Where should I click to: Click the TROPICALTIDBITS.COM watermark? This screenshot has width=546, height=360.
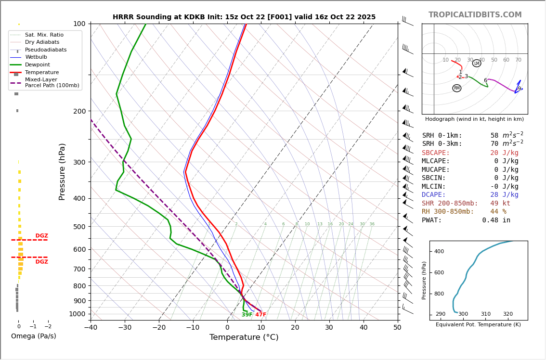click(475, 15)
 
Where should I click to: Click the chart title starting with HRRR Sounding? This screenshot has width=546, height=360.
click(244, 17)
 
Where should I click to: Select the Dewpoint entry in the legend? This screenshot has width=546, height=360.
click(38, 65)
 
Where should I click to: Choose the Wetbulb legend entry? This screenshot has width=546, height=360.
click(36, 57)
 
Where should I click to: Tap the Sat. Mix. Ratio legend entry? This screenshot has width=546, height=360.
click(44, 35)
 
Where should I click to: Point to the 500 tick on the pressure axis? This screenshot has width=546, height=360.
click(79, 227)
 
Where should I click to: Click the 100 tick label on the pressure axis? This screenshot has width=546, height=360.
click(79, 24)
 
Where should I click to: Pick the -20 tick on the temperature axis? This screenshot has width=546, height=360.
click(159, 328)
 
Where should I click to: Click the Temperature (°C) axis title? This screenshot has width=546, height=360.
click(244, 338)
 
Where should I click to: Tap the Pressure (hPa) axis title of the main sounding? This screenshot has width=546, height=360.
click(62, 171)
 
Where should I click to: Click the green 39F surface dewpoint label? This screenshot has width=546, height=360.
click(247, 315)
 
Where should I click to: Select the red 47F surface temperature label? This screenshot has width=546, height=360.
click(260, 315)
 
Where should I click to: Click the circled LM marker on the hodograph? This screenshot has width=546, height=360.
click(477, 63)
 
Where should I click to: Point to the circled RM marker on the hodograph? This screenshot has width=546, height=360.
click(456, 88)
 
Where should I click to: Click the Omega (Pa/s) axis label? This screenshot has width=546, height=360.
click(34, 336)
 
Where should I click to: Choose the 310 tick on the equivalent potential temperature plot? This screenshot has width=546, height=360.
click(485, 314)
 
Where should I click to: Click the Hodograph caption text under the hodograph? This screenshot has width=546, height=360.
click(474, 119)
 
